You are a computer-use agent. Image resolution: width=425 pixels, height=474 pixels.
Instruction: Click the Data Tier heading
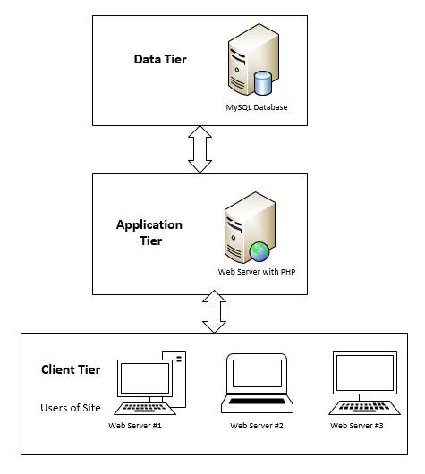160,59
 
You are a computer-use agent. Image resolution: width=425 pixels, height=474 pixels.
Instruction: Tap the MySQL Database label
257,107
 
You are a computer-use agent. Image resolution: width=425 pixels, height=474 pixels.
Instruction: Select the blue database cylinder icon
263,82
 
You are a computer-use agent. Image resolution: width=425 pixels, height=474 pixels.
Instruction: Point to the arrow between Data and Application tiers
200,149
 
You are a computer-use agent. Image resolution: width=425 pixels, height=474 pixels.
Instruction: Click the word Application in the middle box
149,224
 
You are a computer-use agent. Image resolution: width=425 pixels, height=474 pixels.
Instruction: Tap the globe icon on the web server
259,251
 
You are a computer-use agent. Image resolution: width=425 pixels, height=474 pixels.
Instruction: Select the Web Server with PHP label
257,272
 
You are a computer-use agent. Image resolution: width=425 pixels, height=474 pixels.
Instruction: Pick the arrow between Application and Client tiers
214,311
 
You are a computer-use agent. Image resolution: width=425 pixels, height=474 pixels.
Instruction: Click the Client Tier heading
71,369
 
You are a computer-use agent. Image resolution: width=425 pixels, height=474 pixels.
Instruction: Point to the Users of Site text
71,408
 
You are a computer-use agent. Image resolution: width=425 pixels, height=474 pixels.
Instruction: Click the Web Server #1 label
135,426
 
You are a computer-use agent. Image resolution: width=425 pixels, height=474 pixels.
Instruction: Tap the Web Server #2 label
257,426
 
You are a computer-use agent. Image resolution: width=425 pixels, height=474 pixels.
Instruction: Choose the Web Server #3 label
357,426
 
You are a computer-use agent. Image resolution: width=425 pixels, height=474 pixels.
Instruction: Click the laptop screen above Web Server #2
257,373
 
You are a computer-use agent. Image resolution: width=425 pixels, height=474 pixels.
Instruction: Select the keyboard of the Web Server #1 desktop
145,409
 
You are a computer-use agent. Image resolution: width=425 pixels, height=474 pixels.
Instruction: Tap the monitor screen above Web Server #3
365,373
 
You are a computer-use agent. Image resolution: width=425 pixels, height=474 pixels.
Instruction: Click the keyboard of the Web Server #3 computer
364,408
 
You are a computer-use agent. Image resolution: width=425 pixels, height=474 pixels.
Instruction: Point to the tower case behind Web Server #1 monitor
179,379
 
